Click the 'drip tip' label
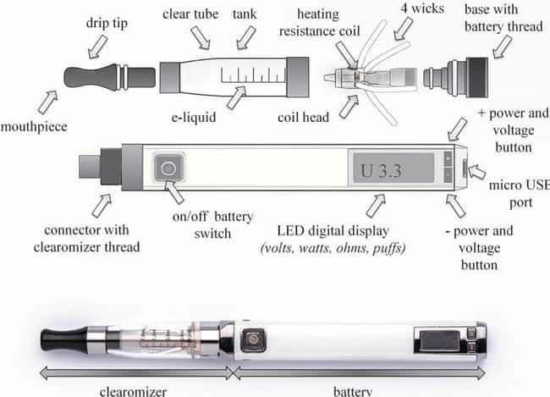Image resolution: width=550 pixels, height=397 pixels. (107, 24)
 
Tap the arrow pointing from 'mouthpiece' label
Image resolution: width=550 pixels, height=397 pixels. (47, 102)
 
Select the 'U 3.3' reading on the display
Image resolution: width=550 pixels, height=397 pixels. (381, 171)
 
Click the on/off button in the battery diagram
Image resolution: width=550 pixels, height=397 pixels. (168, 168)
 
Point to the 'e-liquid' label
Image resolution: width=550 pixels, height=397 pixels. (194, 118)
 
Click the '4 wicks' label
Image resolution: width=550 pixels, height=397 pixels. (422, 8)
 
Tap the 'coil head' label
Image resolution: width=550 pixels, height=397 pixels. (304, 118)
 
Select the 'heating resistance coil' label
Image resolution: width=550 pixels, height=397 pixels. (319, 23)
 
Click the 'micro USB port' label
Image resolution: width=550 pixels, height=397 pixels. (520, 194)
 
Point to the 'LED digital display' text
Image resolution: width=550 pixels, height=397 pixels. (333, 231)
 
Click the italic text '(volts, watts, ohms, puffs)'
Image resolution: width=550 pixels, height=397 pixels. (333, 248)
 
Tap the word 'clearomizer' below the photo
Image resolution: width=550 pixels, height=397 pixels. (134, 391)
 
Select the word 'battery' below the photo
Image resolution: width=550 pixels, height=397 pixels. (353, 391)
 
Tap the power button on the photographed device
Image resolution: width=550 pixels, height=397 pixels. (252, 339)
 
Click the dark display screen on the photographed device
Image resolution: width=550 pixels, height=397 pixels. (440, 340)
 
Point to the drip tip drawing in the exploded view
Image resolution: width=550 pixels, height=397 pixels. (109, 77)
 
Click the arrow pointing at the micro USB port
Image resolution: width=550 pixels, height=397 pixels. (477, 172)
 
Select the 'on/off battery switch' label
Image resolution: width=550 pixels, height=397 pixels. (213, 225)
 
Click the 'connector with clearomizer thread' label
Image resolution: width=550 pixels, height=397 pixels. (86, 239)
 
